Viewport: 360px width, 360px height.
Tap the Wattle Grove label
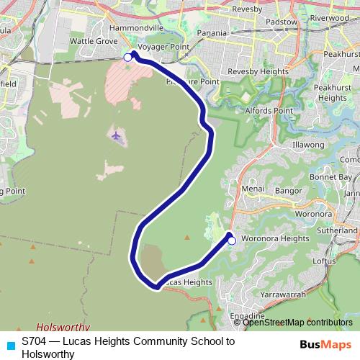[94, 42]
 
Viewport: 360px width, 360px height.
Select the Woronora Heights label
[275, 238]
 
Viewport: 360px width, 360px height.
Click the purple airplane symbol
[117, 135]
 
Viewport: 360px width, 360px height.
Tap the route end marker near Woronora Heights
[232, 242]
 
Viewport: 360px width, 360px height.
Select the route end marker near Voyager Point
[128, 57]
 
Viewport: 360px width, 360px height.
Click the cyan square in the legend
[9, 344]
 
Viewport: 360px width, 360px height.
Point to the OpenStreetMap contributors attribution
[297, 323]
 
